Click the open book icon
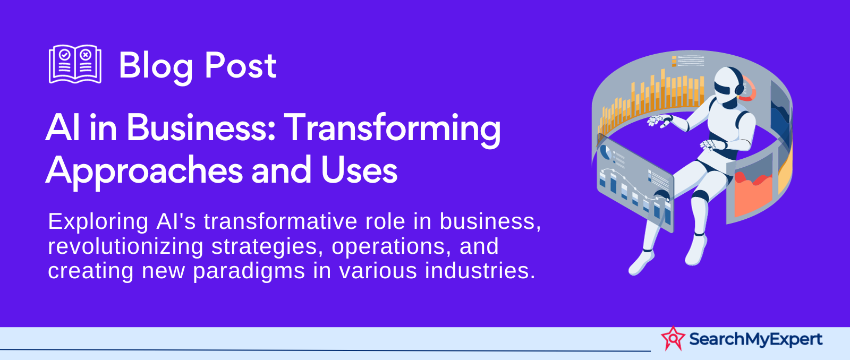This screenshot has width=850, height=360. (75, 64)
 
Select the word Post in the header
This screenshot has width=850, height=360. (241, 66)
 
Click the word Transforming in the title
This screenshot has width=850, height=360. (393, 130)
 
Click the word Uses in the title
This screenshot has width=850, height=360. (359, 170)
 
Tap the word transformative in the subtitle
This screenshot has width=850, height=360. (280, 221)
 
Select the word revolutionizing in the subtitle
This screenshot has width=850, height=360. (125, 246)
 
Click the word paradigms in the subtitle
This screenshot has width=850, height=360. (249, 272)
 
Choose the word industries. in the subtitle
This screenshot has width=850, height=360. (480, 271)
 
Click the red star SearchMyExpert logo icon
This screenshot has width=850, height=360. (673, 338)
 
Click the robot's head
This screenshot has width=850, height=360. (728, 85)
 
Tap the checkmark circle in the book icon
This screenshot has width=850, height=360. (65, 55)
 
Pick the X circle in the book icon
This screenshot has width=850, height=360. (86, 55)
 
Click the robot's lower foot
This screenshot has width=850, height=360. (641, 262)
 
